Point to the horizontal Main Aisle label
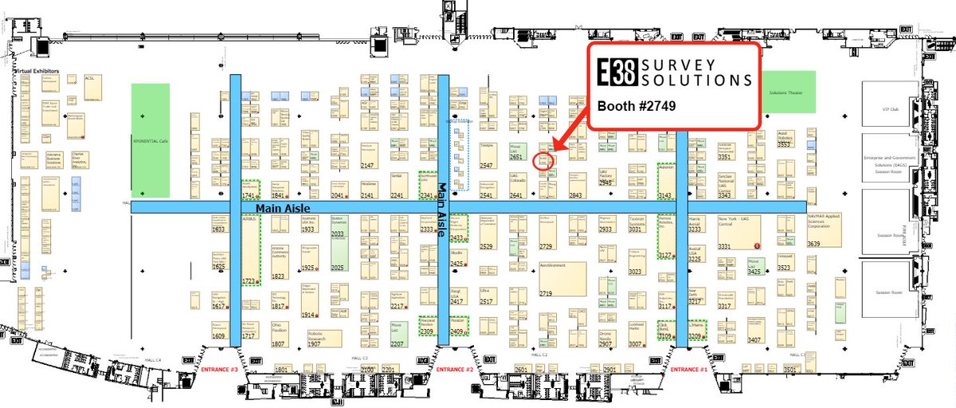pos(279,207)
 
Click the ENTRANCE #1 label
pos(689,370)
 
